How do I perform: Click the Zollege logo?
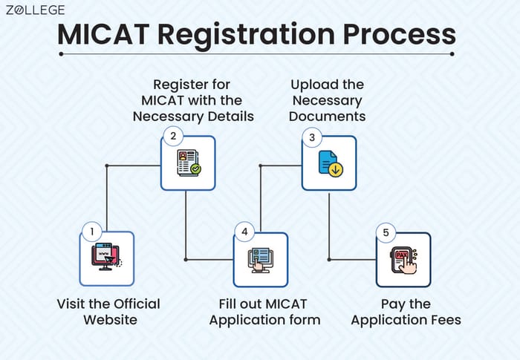(35, 10)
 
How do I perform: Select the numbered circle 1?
(92, 232)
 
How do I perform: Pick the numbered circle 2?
(173, 136)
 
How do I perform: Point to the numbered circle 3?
(313, 137)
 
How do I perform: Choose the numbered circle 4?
(244, 232)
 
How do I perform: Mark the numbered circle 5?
(386, 233)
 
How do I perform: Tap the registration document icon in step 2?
(188, 163)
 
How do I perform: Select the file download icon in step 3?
(329, 163)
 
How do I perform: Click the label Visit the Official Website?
(108, 312)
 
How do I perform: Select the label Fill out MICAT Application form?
(264, 312)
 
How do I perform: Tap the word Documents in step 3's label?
(327, 116)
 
